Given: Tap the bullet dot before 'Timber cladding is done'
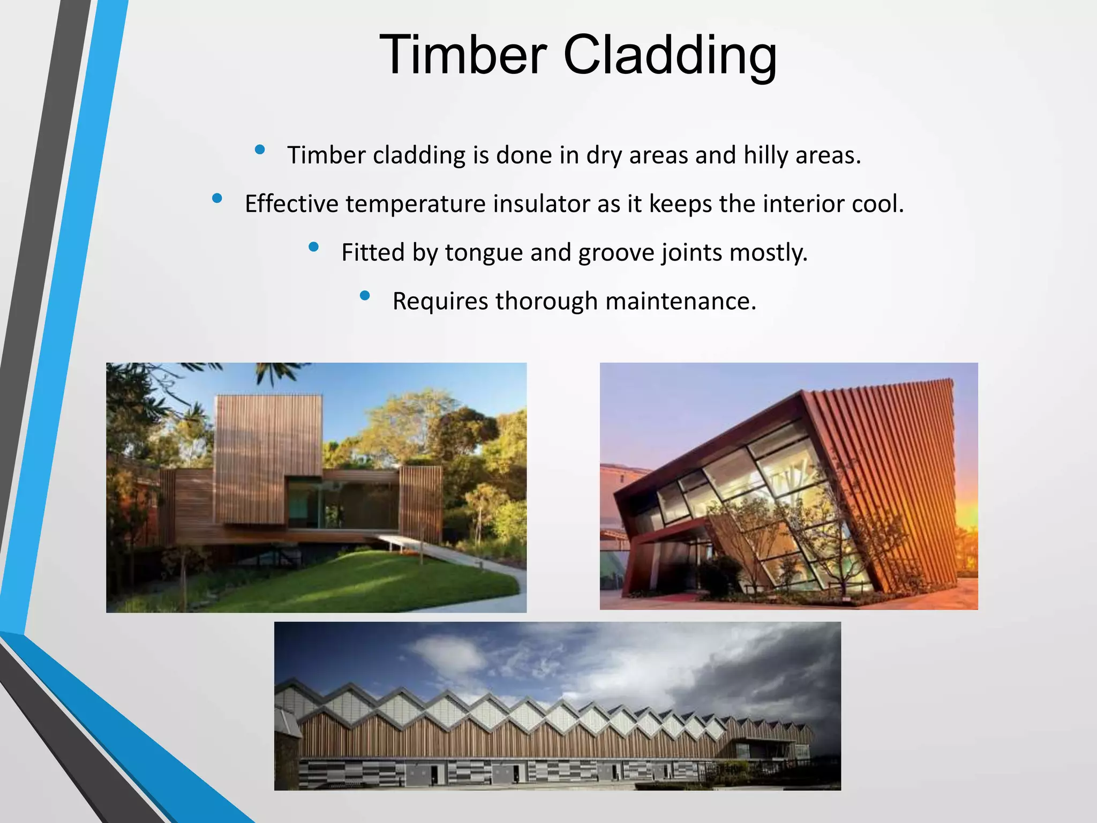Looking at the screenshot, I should (x=260, y=149).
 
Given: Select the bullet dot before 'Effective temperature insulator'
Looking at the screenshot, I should (x=217, y=198).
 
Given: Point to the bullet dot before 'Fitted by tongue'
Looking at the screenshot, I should (x=314, y=247).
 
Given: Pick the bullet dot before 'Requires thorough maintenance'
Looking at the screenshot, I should (x=365, y=295).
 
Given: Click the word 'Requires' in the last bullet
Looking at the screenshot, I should (x=440, y=301).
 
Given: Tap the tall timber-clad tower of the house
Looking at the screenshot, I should (x=268, y=455).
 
